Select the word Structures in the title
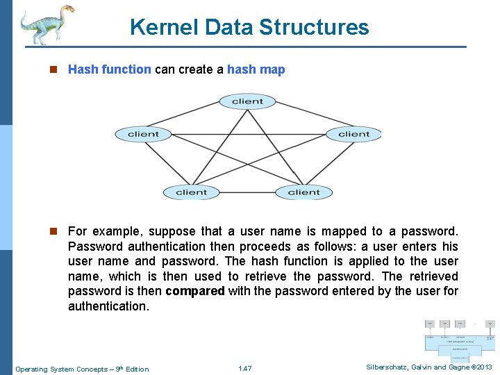[314, 27]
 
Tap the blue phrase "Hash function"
[109, 69]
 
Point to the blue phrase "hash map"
[256, 69]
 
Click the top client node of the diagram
[247, 101]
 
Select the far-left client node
[143, 134]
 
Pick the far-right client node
[353, 134]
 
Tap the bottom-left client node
[191, 192]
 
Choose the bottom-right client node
[303, 192]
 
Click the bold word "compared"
[195, 291]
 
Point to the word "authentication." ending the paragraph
[108, 306]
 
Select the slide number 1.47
[244, 369]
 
